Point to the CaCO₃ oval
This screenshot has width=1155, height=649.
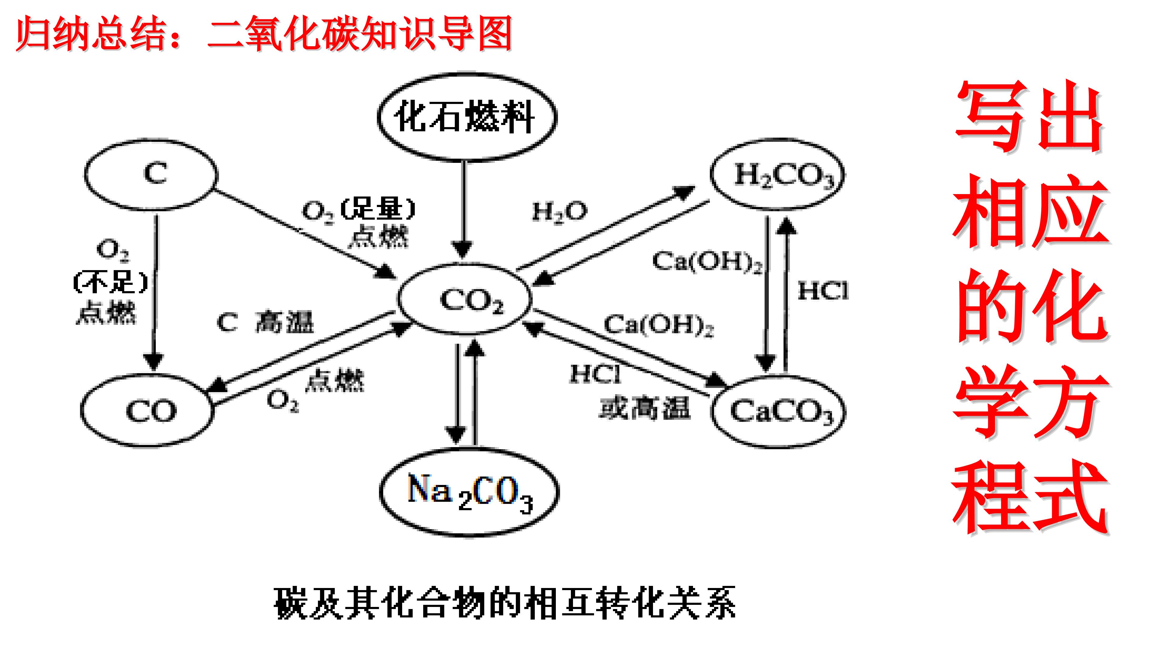(779, 411)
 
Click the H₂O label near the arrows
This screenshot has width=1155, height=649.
(559, 212)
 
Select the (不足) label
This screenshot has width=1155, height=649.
(110, 282)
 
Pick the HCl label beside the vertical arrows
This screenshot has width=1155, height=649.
(823, 291)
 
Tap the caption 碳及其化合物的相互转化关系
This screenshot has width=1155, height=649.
(504, 602)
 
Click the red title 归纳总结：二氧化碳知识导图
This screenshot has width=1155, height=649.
(265, 34)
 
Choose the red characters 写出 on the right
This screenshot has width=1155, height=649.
(1029, 117)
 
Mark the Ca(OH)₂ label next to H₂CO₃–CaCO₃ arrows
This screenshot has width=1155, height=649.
(707, 261)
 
